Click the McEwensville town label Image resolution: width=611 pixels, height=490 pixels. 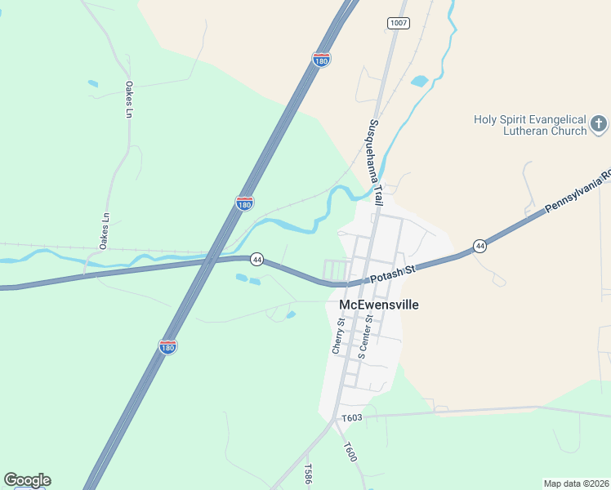(x=378, y=305)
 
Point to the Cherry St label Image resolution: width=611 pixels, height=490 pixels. (x=340, y=336)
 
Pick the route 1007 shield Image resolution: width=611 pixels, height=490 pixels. (x=399, y=23)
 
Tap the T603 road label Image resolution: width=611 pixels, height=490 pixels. (x=352, y=418)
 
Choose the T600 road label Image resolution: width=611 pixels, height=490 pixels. (x=350, y=452)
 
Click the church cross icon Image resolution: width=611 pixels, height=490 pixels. (x=599, y=124)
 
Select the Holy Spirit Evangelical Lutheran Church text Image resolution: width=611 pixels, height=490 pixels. (x=530, y=125)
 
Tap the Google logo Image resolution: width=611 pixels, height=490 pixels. (x=27, y=480)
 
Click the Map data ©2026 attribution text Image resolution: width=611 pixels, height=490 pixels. (x=576, y=483)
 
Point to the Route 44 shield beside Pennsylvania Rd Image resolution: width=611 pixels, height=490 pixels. (x=480, y=246)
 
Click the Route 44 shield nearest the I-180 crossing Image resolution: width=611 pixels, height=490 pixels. (x=256, y=259)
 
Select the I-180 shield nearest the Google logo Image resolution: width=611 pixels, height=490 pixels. (x=167, y=347)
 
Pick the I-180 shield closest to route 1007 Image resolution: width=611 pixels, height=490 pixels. (x=322, y=60)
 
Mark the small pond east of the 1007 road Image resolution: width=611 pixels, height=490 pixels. (x=419, y=81)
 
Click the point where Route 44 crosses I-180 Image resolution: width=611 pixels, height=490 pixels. (x=211, y=261)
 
